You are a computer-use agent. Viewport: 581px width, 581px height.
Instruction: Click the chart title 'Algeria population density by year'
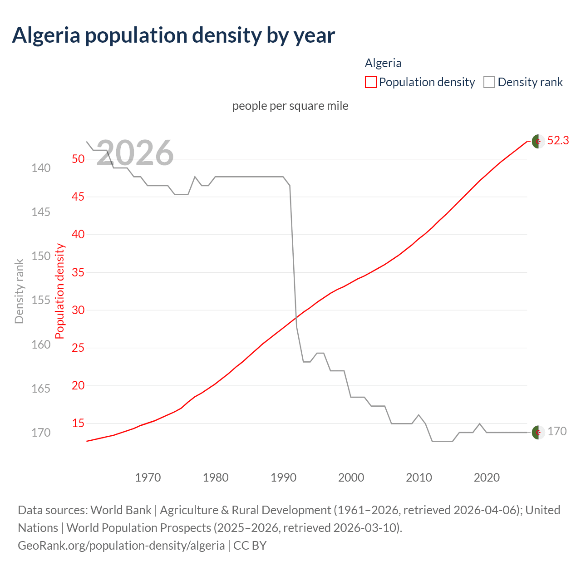pos(173,35)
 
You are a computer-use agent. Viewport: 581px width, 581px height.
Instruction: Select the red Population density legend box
pos(370,82)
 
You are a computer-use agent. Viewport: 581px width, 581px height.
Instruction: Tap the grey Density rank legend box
pos(489,82)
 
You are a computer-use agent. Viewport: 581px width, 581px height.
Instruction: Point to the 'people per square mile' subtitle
pos(290,106)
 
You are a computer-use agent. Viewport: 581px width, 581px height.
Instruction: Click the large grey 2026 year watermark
pos(135,153)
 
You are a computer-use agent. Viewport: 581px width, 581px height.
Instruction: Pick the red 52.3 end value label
pos(558,141)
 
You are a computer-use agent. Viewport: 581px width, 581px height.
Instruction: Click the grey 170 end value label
pos(557,432)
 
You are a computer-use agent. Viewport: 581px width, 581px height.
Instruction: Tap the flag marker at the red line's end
pos(538,142)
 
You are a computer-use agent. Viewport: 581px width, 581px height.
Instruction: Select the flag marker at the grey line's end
pos(538,433)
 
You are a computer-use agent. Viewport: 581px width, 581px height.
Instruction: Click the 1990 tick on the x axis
pos(283,478)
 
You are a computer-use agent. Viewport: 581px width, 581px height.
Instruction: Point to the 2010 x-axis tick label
pos(419,478)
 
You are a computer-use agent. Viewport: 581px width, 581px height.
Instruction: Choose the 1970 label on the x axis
pos(148,478)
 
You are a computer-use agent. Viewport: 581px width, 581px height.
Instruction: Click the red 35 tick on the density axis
pos(78,273)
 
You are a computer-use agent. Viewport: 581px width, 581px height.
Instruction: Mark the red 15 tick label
pos(78,423)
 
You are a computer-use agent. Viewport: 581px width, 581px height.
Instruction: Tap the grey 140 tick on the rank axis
pos(41,168)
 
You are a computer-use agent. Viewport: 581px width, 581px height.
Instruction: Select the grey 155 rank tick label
pos(41,300)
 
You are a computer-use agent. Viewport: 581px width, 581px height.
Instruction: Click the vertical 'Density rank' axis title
pos(19,291)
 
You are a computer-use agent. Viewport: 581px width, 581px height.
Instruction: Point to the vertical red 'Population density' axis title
pos(60,291)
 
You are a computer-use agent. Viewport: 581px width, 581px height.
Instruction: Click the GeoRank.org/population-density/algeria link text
pos(121,545)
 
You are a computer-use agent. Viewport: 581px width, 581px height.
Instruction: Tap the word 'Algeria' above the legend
pos(383,63)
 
